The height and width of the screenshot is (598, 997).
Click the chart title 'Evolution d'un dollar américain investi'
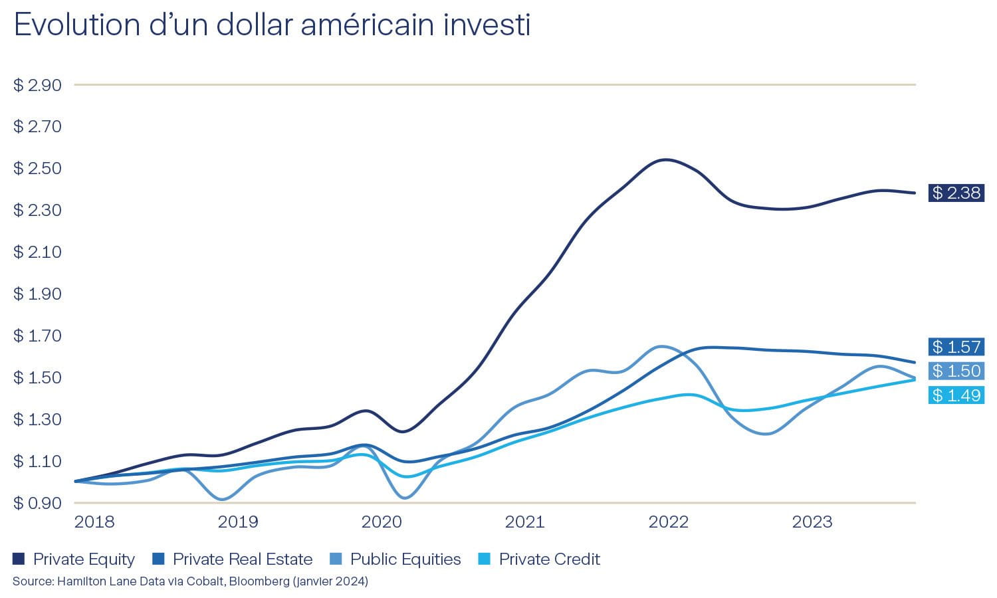pos(272,25)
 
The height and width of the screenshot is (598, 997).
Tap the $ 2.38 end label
pos(956,193)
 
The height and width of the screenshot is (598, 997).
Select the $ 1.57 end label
pos(956,347)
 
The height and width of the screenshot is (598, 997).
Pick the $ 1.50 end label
pos(956,371)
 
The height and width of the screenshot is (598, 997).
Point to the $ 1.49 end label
pos(956,395)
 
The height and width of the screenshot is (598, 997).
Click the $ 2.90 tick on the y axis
pos(37,85)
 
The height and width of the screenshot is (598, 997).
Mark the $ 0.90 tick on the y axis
pos(37,503)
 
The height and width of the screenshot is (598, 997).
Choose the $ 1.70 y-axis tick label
pos(37,336)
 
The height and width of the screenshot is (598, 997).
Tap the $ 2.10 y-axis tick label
pos(37,252)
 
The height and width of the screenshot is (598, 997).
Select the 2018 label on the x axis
pos(94,522)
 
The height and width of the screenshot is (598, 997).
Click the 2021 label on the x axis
pos(524,522)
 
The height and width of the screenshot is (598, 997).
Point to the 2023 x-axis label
pos(812,522)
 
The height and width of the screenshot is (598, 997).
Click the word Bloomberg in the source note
pos(256,581)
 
